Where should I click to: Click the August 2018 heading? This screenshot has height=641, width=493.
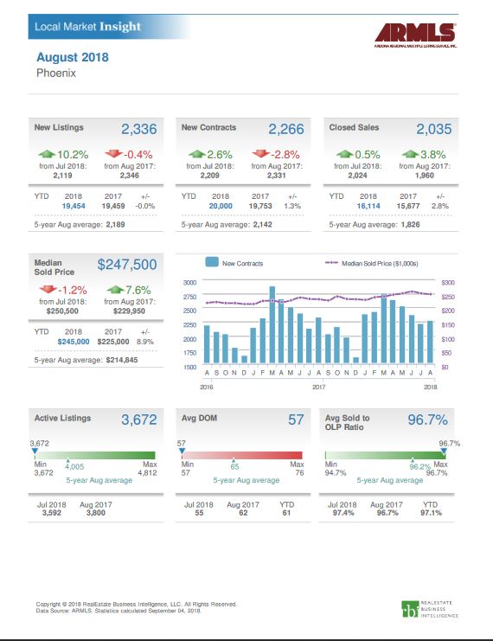pos(73,58)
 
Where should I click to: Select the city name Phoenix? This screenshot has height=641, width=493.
pos(56,74)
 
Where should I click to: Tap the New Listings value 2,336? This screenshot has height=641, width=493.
pos(138,130)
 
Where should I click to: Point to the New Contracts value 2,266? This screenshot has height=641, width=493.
pos(286,130)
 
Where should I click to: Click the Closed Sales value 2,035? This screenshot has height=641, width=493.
pos(434,130)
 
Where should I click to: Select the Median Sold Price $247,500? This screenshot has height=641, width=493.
pos(127,264)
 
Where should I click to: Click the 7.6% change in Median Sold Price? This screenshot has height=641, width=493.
pos(129,290)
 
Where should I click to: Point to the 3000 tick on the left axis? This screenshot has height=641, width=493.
pos(189,282)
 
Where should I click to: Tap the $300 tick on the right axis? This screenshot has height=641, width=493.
pos(448,282)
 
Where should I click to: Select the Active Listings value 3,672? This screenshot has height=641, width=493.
pos(138,420)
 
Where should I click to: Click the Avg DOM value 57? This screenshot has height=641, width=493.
pos(296,420)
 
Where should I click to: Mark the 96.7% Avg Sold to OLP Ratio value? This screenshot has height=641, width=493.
pos(427,420)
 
